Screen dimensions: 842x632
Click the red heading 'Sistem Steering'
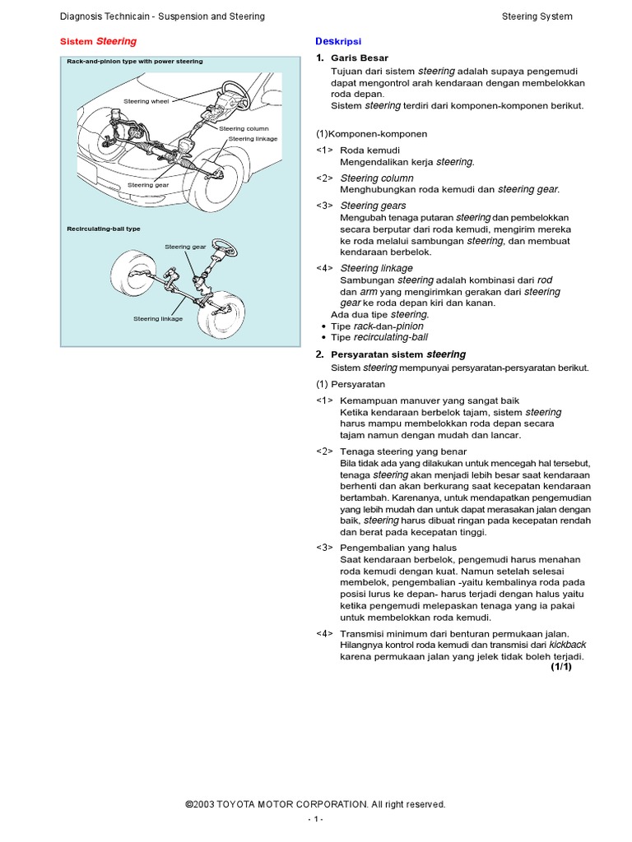click(100, 41)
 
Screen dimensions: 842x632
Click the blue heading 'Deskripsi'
click(338, 41)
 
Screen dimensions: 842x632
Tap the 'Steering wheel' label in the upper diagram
click(146, 100)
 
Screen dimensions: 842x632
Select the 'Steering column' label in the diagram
click(244, 129)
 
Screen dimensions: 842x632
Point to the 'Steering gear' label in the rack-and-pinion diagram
click(148, 185)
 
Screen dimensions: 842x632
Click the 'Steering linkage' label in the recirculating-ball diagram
click(158, 318)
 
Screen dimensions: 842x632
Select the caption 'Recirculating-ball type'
click(104, 229)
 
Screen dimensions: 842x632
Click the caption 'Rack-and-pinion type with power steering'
click(135, 62)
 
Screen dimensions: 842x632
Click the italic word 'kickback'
click(567, 645)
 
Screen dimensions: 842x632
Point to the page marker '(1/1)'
click(560, 667)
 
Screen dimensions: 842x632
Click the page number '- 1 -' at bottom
click(315, 820)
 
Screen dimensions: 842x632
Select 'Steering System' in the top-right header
click(537, 16)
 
